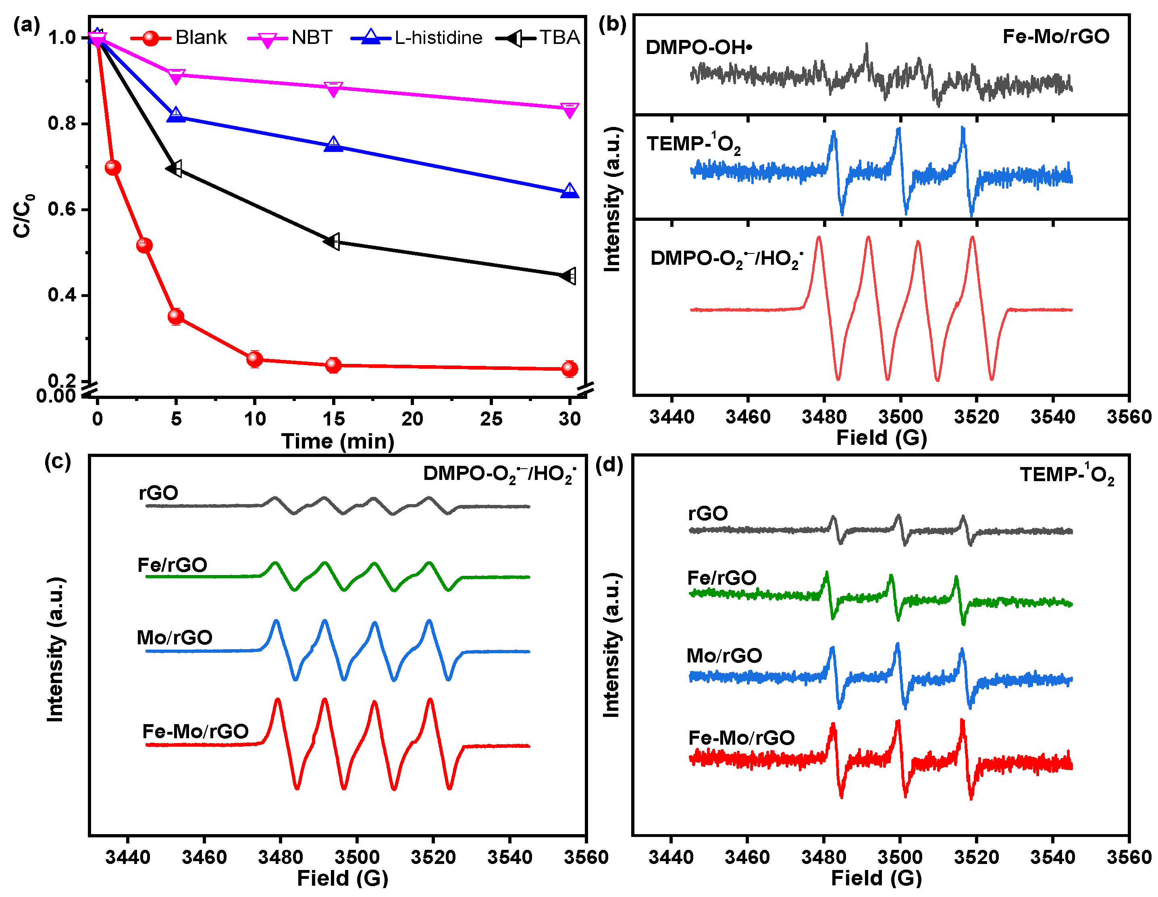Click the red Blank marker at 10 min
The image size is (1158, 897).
tap(254, 359)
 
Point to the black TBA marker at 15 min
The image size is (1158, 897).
tap(333, 241)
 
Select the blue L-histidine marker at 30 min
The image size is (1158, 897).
tap(570, 191)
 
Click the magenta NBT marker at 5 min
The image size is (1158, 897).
tap(176, 75)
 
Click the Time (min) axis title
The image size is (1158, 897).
tap(338, 441)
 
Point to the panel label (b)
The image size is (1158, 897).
tap(612, 25)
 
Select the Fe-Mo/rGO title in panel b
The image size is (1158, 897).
tap(1056, 37)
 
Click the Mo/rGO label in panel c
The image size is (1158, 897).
tap(175, 637)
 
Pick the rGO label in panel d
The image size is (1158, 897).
tap(708, 513)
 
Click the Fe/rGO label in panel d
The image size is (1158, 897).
tap(721, 578)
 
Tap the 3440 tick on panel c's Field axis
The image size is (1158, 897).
tap(128, 857)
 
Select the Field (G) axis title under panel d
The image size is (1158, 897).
tap(876, 878)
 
